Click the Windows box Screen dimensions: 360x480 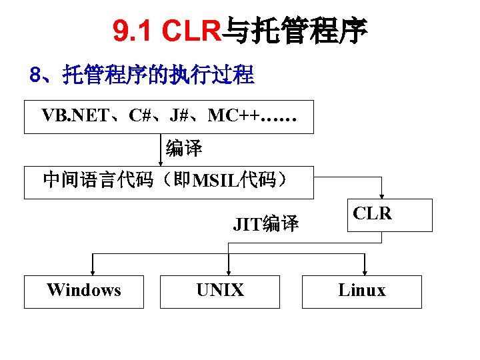[84, 291]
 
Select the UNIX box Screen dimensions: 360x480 [220, 291]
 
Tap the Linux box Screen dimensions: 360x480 [361, 291]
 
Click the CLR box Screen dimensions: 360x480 [373, 215]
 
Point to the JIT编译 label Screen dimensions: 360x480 [265, 224]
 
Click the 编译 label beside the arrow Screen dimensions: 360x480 [184, 149]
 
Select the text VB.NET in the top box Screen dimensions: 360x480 [74, 116]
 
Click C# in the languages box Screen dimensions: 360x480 [140, 116]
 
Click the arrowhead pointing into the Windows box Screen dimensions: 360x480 [92, 271]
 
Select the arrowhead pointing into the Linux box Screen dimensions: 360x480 [363, 271]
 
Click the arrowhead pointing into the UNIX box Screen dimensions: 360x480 [229, 271]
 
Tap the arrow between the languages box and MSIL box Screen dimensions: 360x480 [161, 150]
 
